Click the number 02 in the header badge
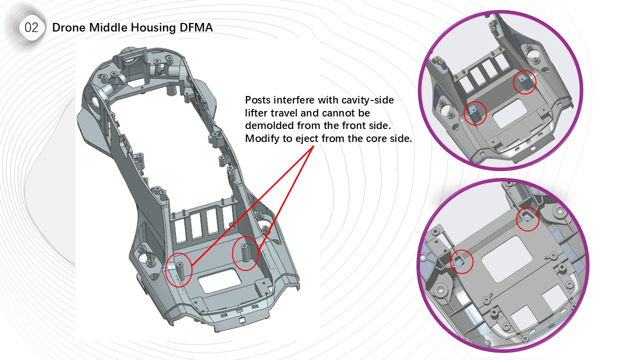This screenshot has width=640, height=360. pos(31,28)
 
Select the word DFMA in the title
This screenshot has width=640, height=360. pos(195,27)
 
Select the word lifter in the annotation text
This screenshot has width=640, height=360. pos(258,113)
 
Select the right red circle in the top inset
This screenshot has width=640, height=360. pos(525,82)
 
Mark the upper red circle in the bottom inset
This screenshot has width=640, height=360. pos(527,218)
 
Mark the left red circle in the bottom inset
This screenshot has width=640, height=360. pos(461,261)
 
